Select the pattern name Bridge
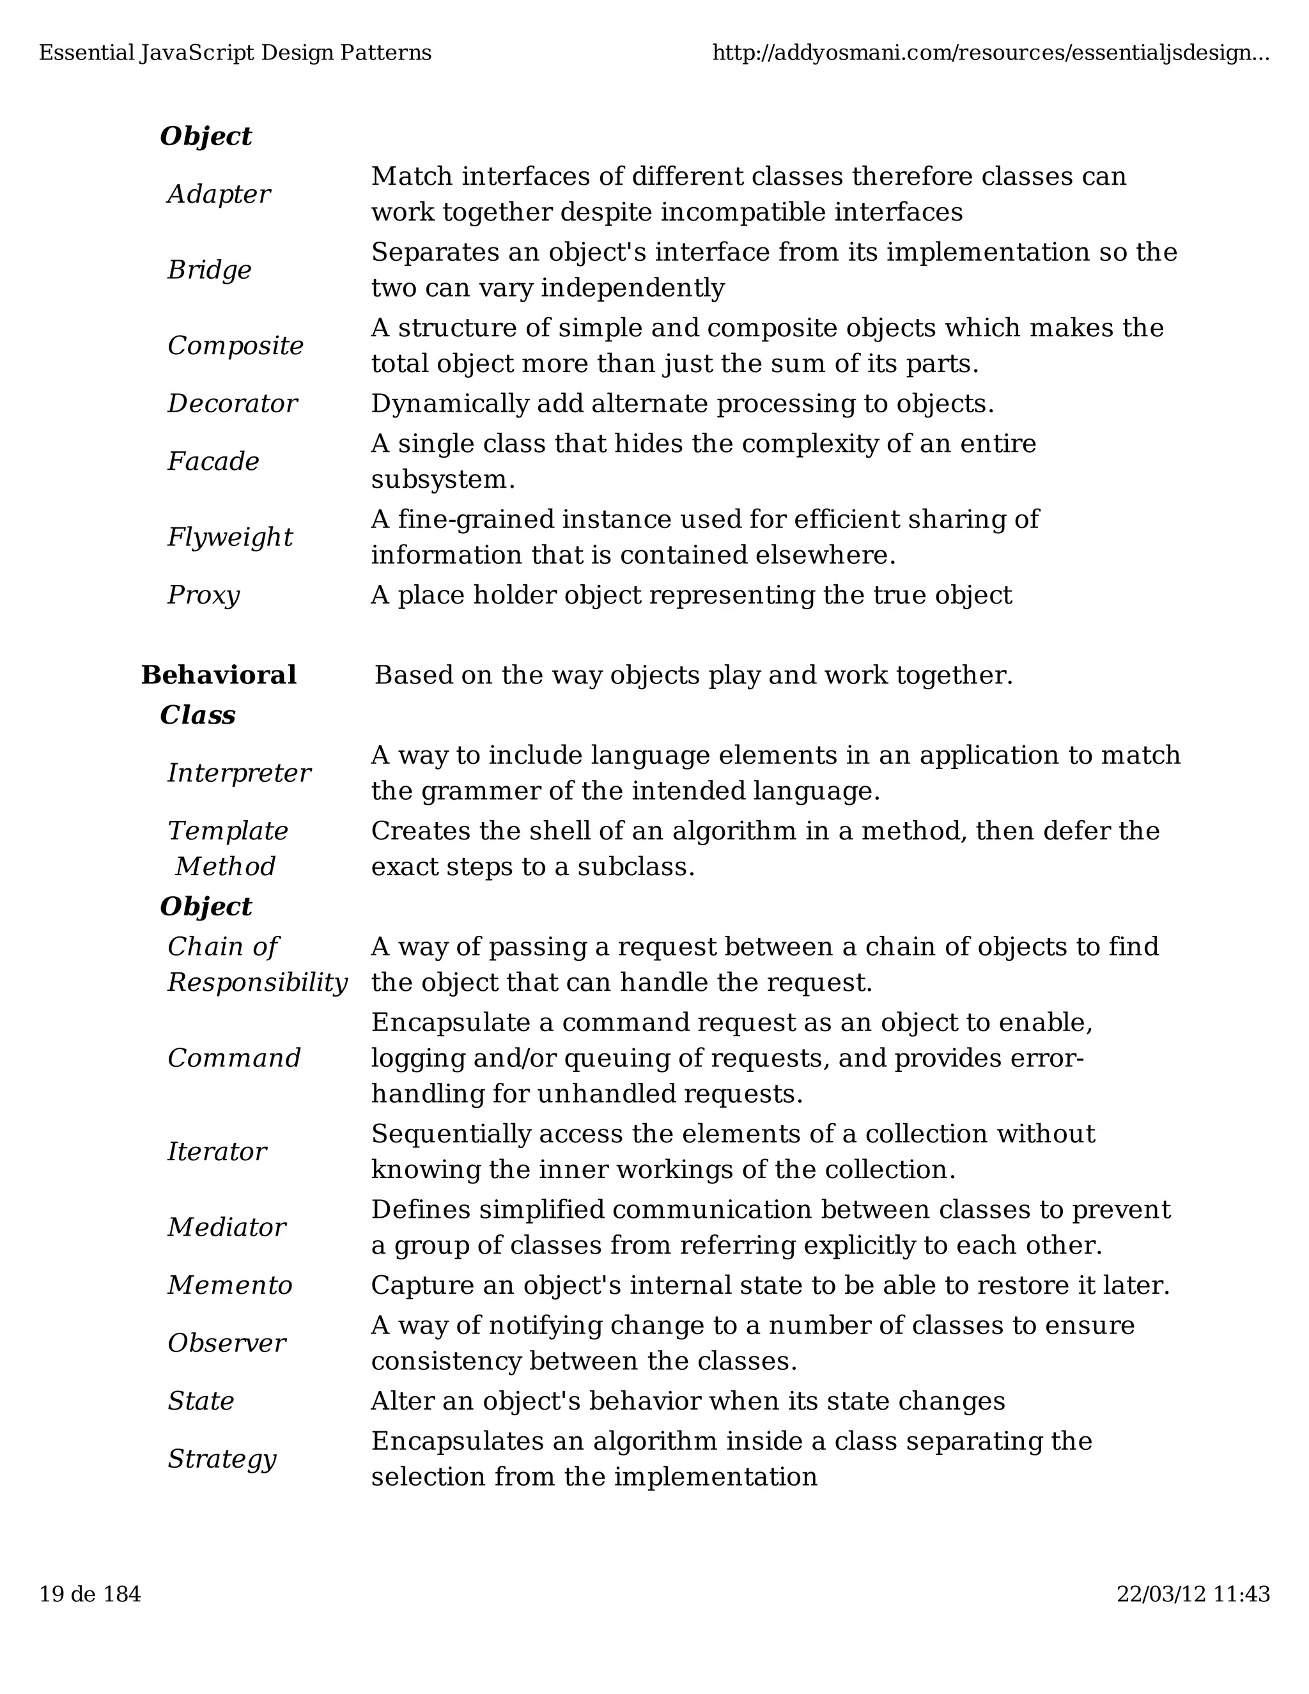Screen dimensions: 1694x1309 (x=210, y=270)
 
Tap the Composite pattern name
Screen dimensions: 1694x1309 (x=235, y=345)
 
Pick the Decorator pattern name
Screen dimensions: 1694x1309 (x=232, y=403)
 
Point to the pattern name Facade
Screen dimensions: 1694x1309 (x=213, y=462)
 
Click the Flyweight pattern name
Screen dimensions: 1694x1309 (x=229, y=537)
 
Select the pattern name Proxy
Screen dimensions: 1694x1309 (x=203, y=595)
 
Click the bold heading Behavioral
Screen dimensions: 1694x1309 (x=219, y=675)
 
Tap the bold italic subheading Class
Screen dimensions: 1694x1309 (x=197, y=715)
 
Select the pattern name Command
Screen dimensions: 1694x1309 (x=233, y=1058)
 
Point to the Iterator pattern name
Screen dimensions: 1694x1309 (x=217, y=1151)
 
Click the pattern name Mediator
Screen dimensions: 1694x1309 (x=226, y=1227)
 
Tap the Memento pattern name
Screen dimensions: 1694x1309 (x=229, y=1286)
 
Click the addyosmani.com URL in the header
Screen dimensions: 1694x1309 (x=990, y=53)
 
